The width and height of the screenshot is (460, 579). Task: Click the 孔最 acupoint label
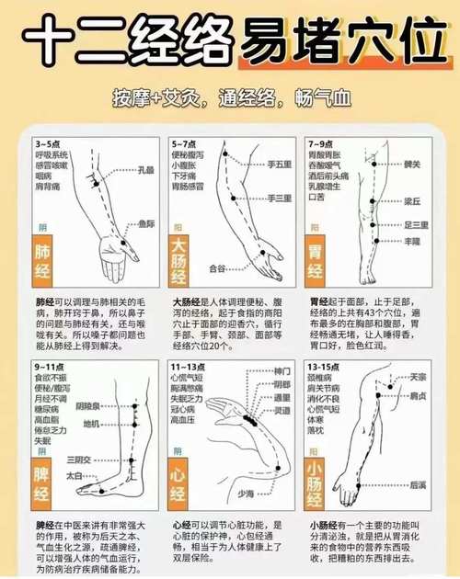coord(146,170)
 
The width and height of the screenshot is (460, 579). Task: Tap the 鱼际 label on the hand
coord(146,222)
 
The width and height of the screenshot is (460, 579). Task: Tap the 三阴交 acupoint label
coord(80,459)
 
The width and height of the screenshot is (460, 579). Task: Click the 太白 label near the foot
coord(75,476)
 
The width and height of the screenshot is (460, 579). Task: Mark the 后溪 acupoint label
coord(418,483)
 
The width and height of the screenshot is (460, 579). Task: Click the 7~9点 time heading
coord(320,144)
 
